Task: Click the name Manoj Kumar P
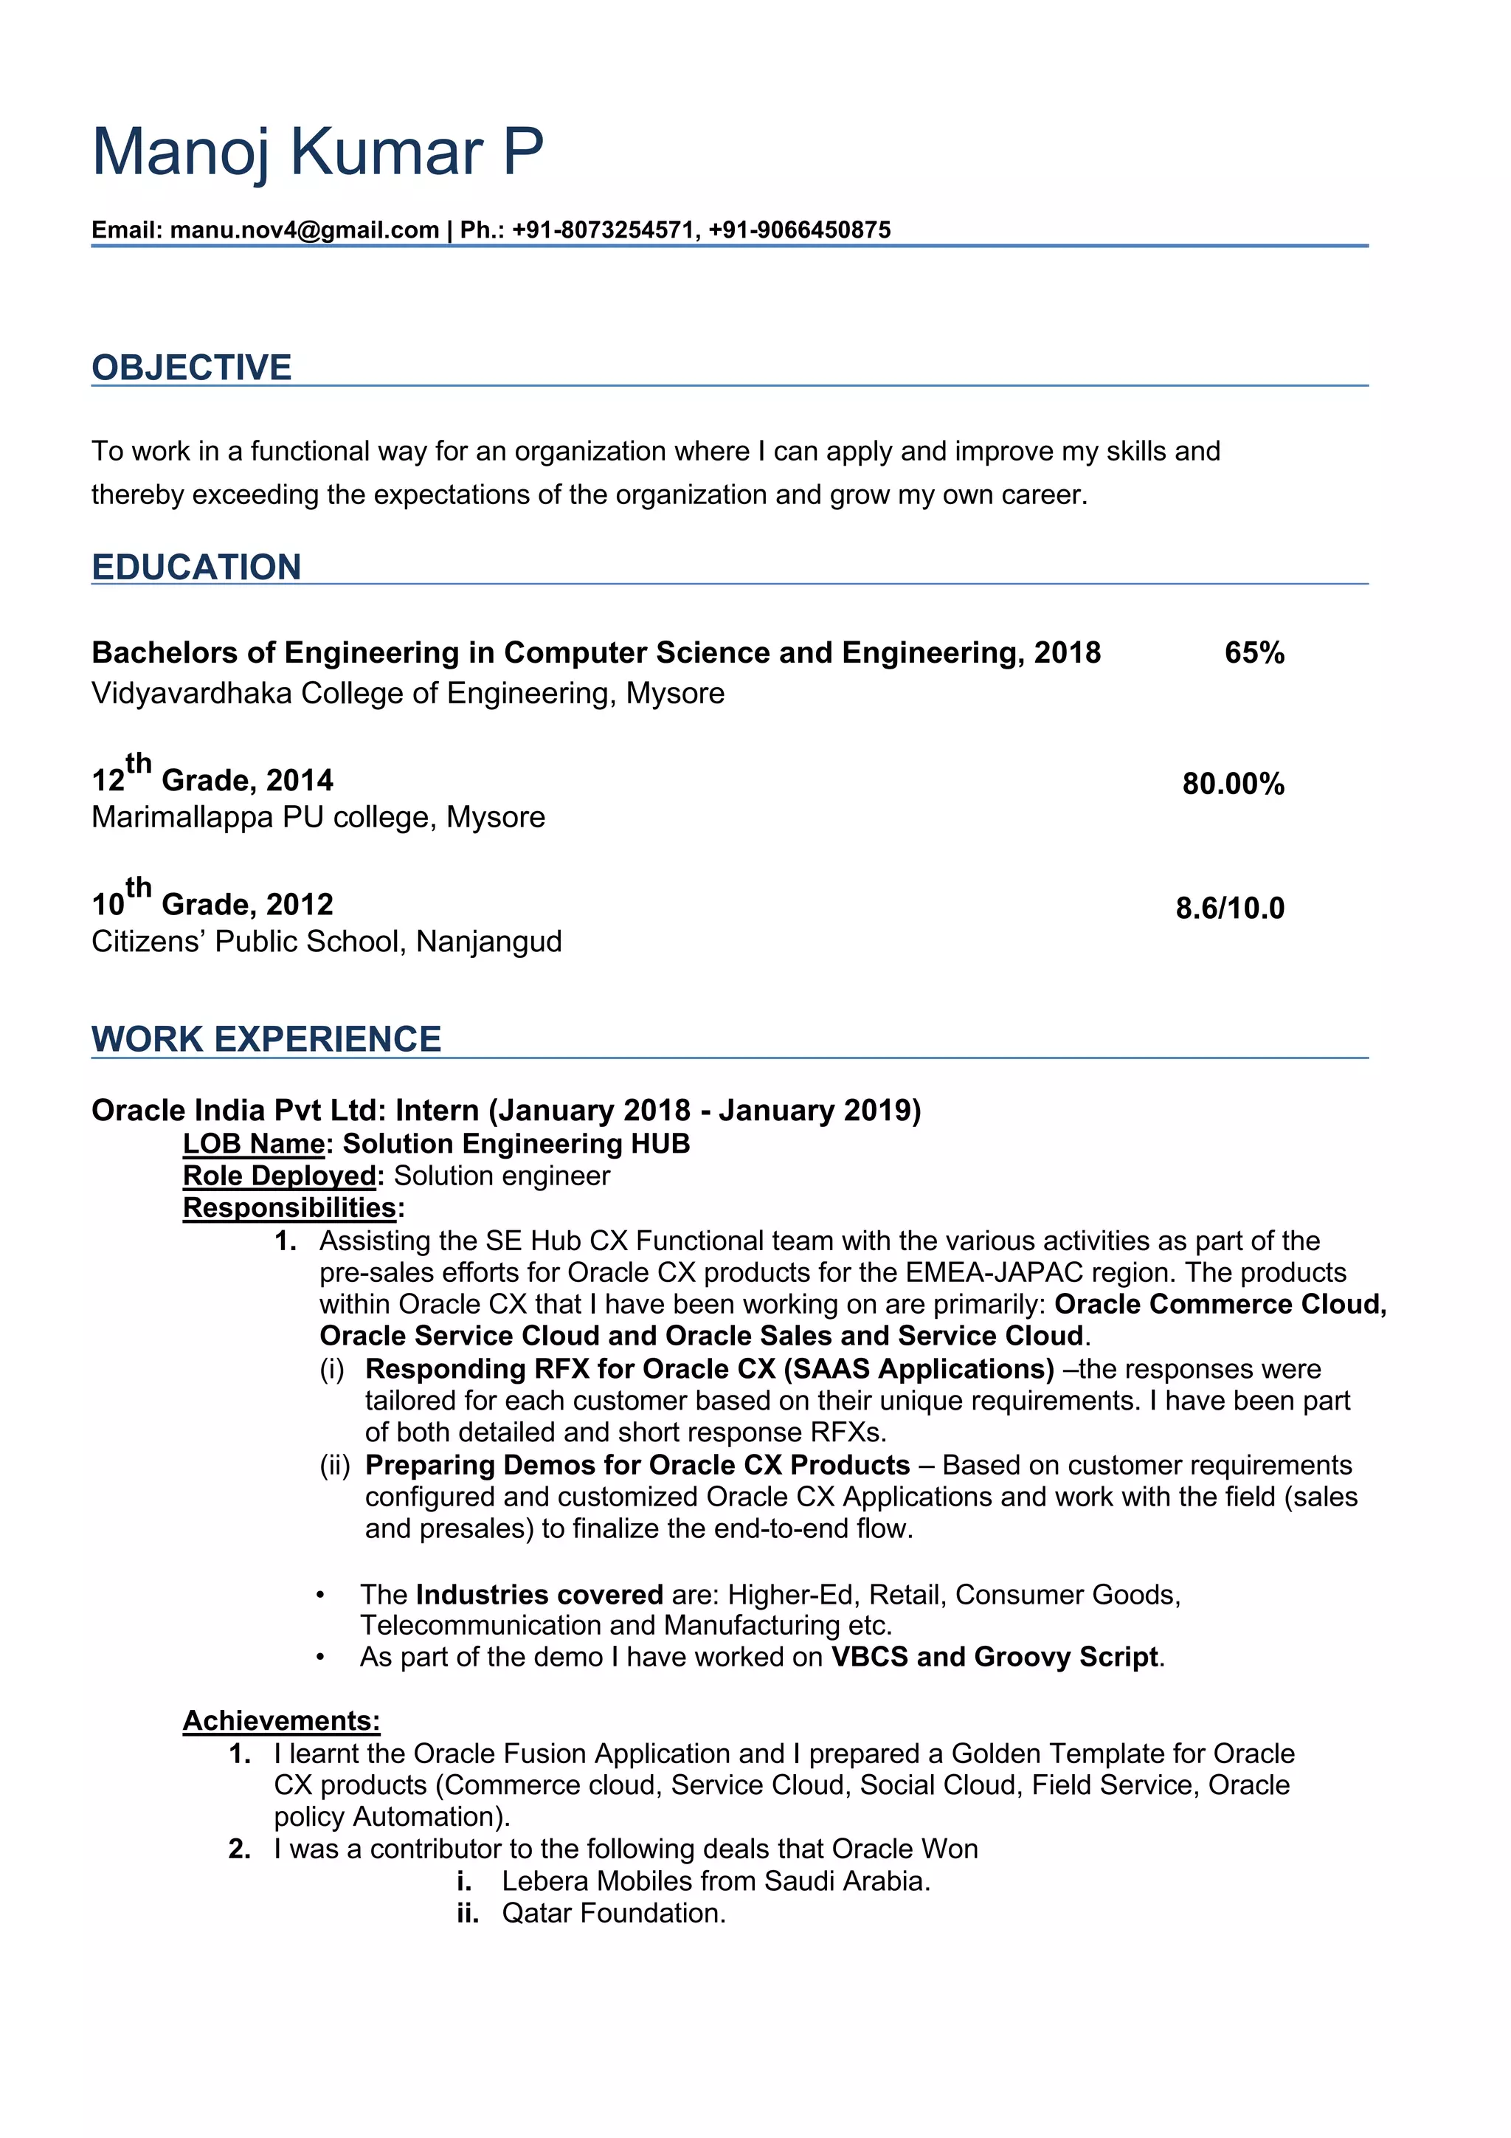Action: tap(317, 152)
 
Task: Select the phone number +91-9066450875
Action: tap(799, 230)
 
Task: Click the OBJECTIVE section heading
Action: tap(192, 368)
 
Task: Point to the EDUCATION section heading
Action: tap(196, 567)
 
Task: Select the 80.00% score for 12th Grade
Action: tap(1233, 784)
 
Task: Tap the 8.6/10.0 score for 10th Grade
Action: tap(1229, 908)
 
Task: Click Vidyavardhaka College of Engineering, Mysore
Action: tap(408, 694)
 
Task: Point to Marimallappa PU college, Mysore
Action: tap(319, 818)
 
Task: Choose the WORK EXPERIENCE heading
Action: tap(266, 1039)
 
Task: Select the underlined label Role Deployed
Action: tap(280, 1176)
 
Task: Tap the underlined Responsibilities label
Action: tap(289, 1208)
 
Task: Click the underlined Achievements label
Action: tap(281, 1721)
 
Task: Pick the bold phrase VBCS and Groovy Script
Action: tap(995, 1658)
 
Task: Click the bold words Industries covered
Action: tap(539, 1595)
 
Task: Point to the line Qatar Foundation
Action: tap(614, 1914)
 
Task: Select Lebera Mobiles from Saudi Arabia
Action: tap(716, 1881)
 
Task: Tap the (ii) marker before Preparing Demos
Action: tap(334, 1466)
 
